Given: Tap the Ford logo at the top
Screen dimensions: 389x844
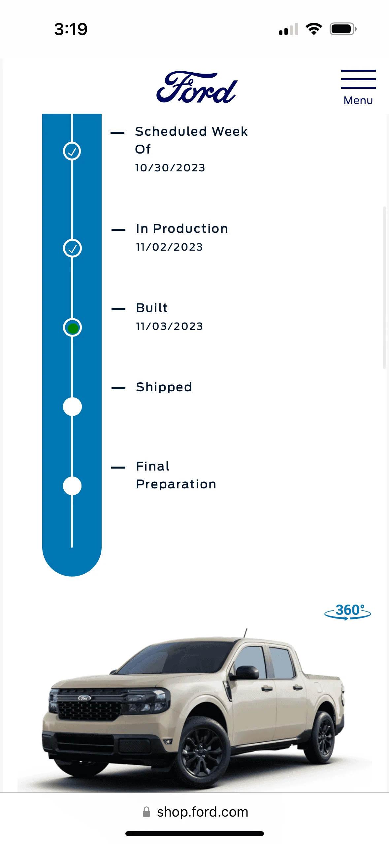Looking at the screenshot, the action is pyautogui.click(x=197, y=87).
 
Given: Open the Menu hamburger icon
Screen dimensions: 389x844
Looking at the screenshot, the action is pyautogui.click(x=358, y=79).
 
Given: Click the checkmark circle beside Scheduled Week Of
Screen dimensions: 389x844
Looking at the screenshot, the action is pyautogui.click(x=72, y=151).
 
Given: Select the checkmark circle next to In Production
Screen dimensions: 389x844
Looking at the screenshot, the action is pyautogui.click(x=72, y=248).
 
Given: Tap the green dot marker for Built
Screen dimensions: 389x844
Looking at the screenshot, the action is pyautogui.click(x=72, y=328).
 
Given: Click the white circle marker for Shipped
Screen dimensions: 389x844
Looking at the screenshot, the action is pyautogui.click(x=72, y=407).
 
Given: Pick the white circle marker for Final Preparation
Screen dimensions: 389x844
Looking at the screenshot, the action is pyautogui.click(x=72, y=486).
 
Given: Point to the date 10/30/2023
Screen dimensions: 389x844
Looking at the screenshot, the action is pyautogui.click(x=170, y=168).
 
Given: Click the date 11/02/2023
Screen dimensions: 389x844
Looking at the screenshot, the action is pyautogui.click(x=169, y=247).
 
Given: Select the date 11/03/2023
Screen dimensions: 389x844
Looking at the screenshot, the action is pyautogui.click(x=169, y=326).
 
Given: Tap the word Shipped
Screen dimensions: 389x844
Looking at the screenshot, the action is pyautogui.click(x=164, y=387).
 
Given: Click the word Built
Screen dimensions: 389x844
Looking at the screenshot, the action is pyautogui.click(x=152, y=308).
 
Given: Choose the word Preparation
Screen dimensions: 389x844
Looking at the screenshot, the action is pyautogui.click(x=176, y=484).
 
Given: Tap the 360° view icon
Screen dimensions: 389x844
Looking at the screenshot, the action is pyautogui.click(x=348, y=612).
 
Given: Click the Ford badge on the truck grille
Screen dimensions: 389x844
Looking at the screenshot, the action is pyautogui.click(x=84, y=698).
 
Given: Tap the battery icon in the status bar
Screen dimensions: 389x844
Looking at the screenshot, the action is pyautogui.click(x=343, y=29).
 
